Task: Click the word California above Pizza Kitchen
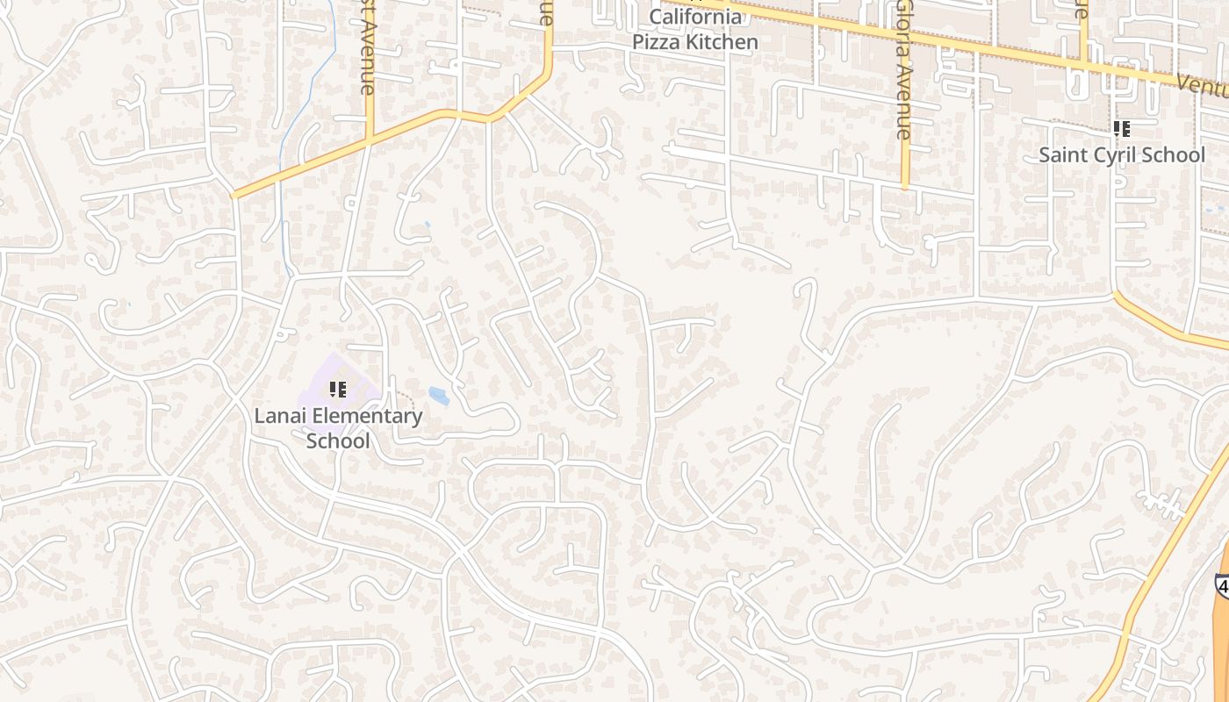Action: [x=695, y=17]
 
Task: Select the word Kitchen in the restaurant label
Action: [x=724, y=41]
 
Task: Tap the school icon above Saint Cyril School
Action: [x=1121, y=129]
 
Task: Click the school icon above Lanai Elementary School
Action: [x=338, y=389]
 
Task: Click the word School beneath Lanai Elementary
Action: [x=338, y=441]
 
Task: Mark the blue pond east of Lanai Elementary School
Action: [x=439, y=396]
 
